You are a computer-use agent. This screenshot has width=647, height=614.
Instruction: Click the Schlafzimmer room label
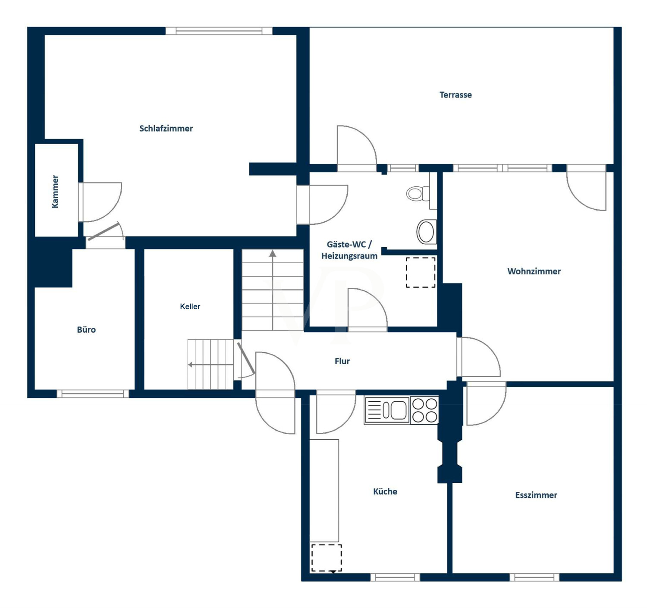166,129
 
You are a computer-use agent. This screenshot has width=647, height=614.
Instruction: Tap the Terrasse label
455,95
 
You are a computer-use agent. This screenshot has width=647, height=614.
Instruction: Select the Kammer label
55,192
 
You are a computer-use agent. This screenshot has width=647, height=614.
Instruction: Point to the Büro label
86,330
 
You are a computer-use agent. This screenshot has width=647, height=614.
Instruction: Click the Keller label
190,306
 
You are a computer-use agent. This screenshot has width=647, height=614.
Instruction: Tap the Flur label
342,361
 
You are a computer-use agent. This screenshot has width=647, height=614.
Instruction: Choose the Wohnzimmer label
534,271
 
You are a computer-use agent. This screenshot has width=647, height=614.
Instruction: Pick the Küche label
385,491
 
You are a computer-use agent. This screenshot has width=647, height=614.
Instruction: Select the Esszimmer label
536,495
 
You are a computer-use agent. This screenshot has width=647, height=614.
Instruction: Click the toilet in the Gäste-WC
418,193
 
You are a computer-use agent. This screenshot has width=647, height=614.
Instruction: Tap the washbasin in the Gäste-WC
427,231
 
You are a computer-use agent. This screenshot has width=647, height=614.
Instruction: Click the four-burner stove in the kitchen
424,410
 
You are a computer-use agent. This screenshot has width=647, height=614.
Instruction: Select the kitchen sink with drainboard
387,410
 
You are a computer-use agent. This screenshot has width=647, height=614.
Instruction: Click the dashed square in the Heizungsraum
421,273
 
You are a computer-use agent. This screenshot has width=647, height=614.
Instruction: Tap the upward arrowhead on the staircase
273,254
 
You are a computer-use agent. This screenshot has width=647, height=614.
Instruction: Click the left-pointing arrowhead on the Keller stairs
190,365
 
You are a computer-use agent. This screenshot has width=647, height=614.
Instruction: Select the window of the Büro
93,394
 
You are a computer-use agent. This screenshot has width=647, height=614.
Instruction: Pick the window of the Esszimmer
534,577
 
